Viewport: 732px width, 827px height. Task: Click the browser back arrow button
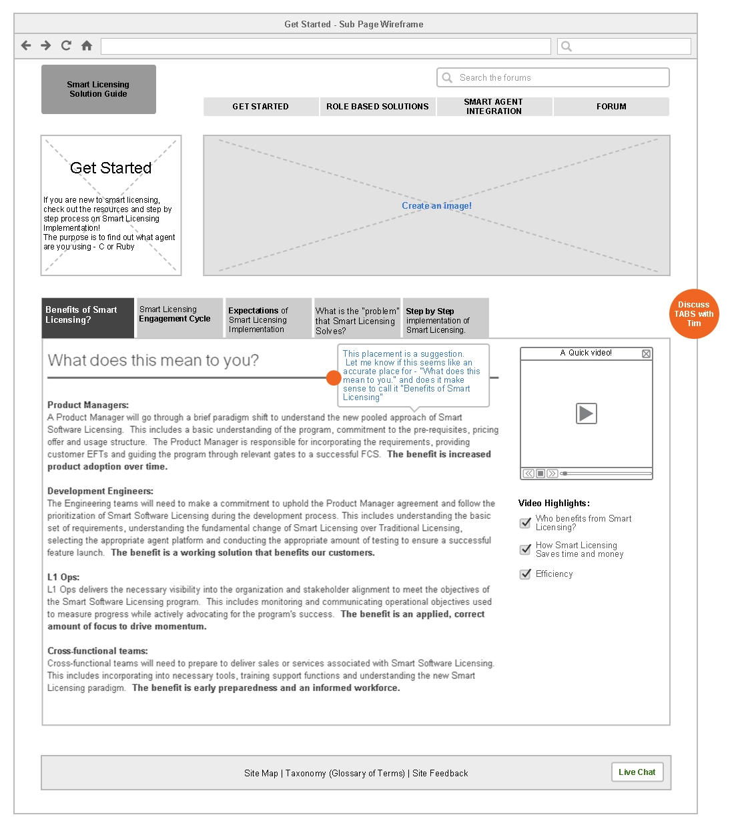26,45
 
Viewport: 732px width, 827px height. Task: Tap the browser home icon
87,45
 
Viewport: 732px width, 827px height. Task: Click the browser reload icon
66,45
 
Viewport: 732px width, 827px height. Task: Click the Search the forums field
553,77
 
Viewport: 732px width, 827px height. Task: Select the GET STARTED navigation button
261,107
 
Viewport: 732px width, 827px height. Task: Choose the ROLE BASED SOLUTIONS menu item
378,107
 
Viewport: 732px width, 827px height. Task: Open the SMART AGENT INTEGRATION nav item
494,107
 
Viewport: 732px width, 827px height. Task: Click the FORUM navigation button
611,107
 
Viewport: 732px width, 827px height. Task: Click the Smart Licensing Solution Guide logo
99,89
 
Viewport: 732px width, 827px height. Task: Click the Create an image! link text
436,206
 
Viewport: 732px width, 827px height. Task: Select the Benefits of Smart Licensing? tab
87,317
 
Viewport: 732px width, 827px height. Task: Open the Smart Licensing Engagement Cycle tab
179,317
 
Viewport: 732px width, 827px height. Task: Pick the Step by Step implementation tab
446,318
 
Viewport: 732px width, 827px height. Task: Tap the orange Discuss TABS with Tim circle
694,314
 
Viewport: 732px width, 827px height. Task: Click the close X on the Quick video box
646,353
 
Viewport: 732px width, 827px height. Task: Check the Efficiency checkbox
525,574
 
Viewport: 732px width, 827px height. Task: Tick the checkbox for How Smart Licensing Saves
525,550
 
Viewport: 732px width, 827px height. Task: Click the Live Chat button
637,772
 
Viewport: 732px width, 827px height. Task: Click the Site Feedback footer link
440,774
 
